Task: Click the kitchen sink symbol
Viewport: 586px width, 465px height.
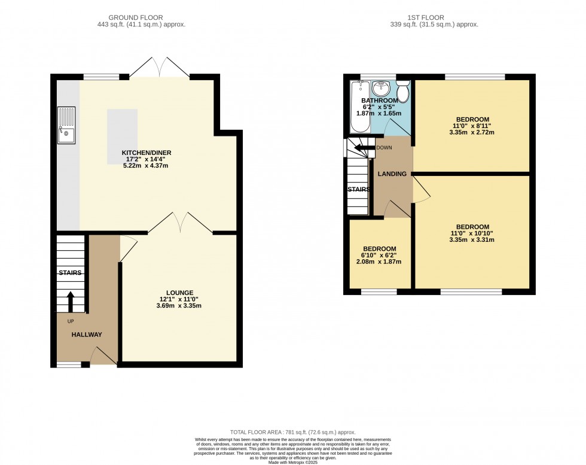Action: tap(66, 126)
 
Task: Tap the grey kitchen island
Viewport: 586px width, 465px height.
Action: tap(122, 136)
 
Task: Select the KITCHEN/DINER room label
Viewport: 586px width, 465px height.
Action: tap(146, 153)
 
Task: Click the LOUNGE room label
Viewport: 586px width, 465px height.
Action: tap(179, 292)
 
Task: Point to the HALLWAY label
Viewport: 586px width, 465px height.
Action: tap(87, 335)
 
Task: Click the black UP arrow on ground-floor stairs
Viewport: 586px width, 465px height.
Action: tap(71, 302)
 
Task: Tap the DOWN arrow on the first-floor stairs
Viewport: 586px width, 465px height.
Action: tap(364, 148)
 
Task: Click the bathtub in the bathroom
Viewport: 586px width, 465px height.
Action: tap(360, 108)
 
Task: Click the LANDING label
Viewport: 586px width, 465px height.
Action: tap(392, 174)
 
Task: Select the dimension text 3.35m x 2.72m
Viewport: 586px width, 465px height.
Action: tap(472, 133)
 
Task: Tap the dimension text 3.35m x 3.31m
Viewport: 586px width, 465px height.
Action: tap(472, 240)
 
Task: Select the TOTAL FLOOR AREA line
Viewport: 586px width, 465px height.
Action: tap(292, 431)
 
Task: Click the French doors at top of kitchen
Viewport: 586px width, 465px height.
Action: tap(159, 67)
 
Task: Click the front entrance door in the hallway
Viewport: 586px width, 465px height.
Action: tap(103, 357)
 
